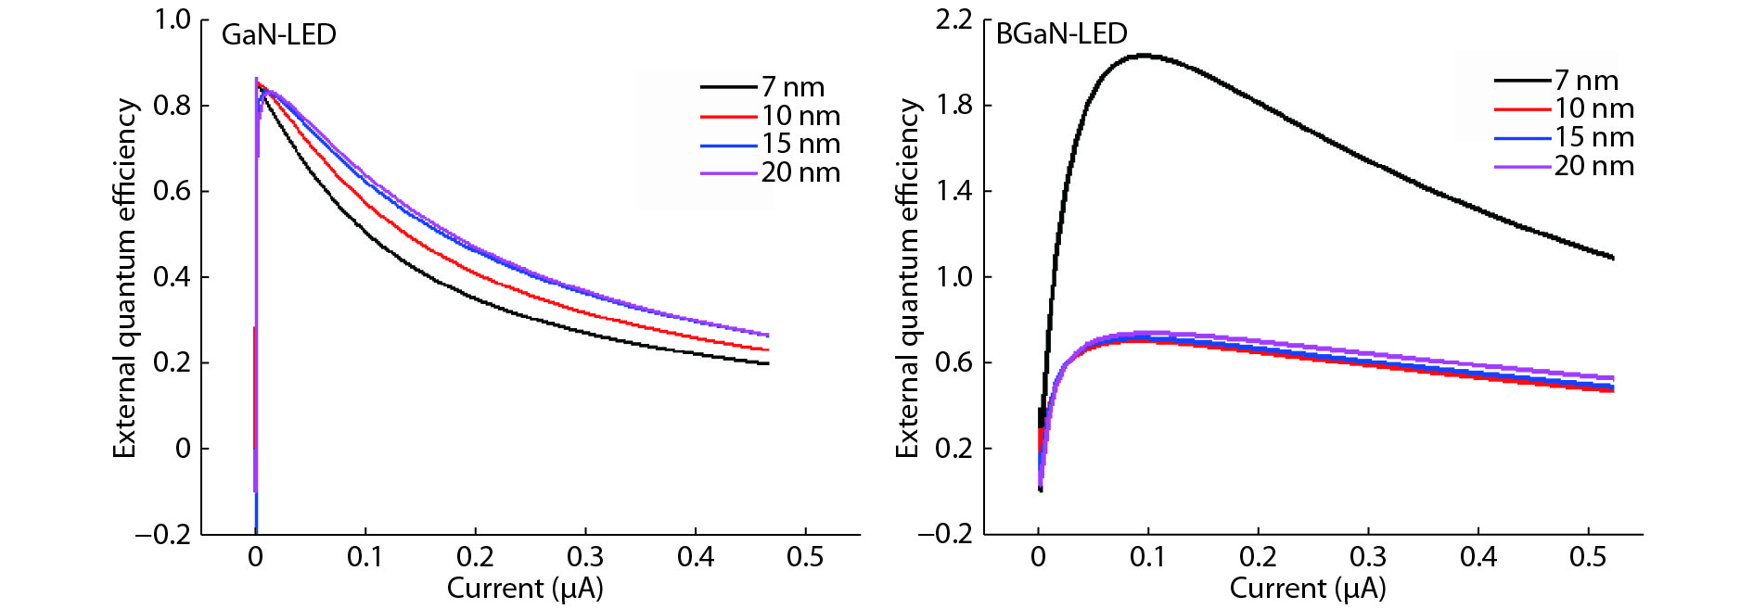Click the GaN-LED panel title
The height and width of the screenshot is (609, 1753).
coord(278,34)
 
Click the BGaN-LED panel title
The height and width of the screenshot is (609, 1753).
coord(1061,33)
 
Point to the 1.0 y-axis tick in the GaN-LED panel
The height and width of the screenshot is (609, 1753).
coord(173,19)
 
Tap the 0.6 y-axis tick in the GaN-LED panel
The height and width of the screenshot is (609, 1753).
coord(173,191)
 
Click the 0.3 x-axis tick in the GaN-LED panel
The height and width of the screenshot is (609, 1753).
coord(585,557)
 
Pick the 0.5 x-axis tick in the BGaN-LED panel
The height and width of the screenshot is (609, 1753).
coord(1588,557)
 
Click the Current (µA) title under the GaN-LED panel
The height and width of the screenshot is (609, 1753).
coord(525,589)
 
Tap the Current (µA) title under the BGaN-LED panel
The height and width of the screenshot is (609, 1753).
coord(1308,589)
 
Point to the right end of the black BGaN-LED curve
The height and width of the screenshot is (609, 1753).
coord(1613,258)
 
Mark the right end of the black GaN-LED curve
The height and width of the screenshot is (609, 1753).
coord(768,363)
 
